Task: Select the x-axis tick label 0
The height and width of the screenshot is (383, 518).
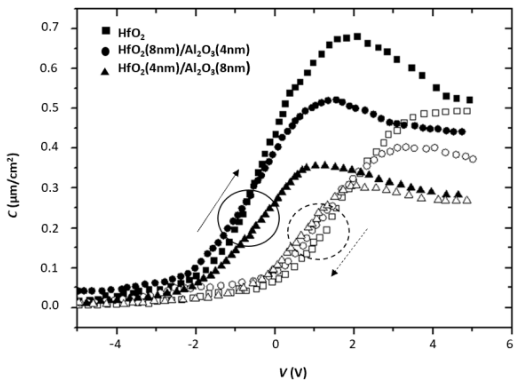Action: click(x=275, y=345)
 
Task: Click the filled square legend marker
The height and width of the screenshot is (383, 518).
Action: click(x=106, y=30)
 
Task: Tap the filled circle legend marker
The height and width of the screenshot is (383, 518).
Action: click(x=106, y=51)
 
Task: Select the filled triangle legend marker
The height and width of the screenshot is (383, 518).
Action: click(x=106, y=71)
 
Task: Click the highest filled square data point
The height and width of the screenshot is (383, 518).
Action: click(x=357, y=37)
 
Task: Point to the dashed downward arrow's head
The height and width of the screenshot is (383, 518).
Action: click(x=332, y=275)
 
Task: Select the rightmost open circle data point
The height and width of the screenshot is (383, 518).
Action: click(x=473, y=159)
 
